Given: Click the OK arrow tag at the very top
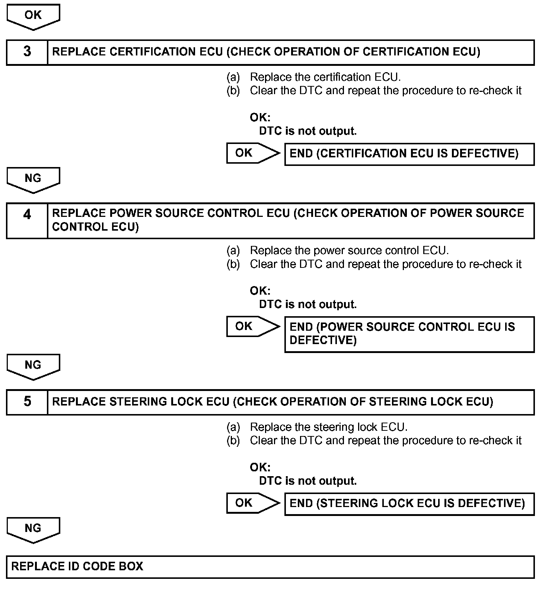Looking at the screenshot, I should pyautogui.click(x=33, y=16).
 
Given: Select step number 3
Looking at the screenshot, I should pyautogui.click(x=27, y=52).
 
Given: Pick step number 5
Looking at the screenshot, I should pyautogui.click(x=27, y=402).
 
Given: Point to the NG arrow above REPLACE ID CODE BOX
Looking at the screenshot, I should pyautogui.click(x=33, y=529).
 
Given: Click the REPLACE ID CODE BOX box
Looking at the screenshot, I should pyautogui.click(x=270, y=567).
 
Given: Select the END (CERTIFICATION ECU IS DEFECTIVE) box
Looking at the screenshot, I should pyautogui.click(x=409, y=154).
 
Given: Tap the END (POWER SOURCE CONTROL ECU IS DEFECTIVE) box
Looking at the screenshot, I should pyautogui.click(x=409, y=334).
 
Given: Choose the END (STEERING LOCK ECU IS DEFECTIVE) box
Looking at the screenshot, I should pyautogui.click(x=409, y=504).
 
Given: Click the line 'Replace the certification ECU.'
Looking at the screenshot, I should pyautogui.click(x=325, y=77).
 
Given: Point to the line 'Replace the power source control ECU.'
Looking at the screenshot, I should pyautogui.click(x=349, y=251).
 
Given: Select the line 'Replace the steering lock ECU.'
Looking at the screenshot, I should pyautogui.click(x=328, y=427).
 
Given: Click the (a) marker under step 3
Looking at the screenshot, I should pyautogui.click(x=233, y=77).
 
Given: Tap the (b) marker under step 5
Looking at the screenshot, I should pyautogui.click(x=233, y=441).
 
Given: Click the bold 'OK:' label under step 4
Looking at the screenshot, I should pyautogui.click(x=260, y=291).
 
